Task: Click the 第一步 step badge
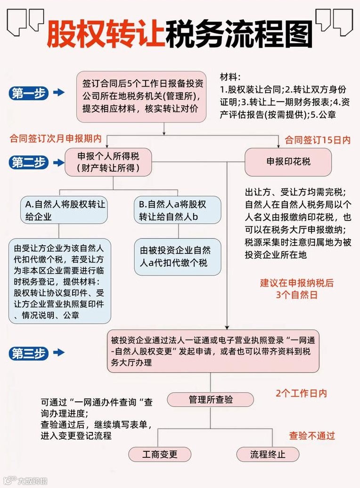tap(28, 93)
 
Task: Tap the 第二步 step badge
tap(28, 163)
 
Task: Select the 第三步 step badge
tap(28, 353)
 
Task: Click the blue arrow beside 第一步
tap(59, 93)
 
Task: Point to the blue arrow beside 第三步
tap(59, 353)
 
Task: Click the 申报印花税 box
tap(288, 162)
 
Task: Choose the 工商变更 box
tap(160, 455)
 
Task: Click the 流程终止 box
tap(268, 455)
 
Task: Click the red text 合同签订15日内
tap(318, 140)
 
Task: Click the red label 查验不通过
tap(312, 436)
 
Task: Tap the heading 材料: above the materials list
tap(230, 77)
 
